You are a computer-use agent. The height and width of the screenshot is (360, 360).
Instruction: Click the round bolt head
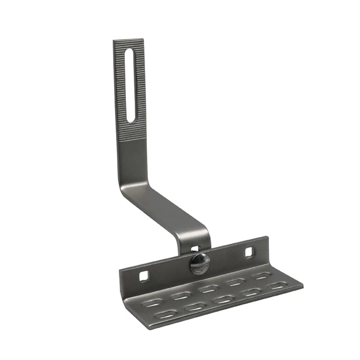point(199,263)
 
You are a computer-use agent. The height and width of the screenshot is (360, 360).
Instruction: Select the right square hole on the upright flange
point(249,252)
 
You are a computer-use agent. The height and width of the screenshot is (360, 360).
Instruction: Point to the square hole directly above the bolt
point(195,250)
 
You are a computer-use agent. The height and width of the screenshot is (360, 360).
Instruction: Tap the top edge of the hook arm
point(128,40)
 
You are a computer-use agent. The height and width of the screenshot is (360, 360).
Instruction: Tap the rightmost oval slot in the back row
point(261,276)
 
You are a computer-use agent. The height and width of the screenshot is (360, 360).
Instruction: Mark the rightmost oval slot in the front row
point(277,286)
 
